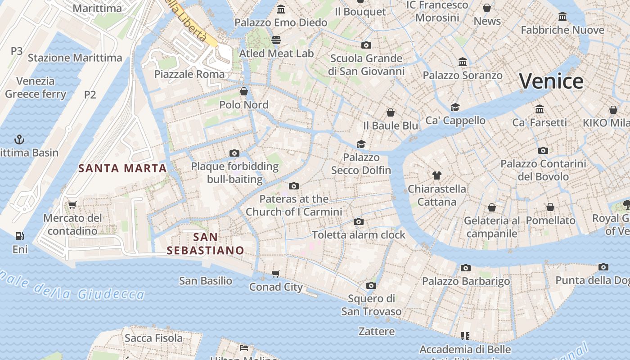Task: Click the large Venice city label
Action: (x=551, y=81)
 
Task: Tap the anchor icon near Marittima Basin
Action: (x=19, y=139)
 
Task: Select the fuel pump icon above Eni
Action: (x=19, y=236)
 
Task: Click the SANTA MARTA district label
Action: (x=122, y=168)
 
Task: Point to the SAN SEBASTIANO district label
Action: (x=205, y=243)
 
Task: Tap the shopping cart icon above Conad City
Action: (x=276, y=274)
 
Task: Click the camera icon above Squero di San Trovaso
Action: (x=371, y=285)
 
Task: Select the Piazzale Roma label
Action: (x=189, y=74)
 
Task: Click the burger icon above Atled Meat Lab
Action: (x=276, y=40)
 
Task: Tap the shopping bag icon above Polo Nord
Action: (x=244, y=91)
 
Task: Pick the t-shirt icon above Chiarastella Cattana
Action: (x=436, y=175)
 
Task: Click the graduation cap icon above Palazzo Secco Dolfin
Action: (x=361, y=144)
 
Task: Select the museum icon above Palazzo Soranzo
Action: (x=463, y=62)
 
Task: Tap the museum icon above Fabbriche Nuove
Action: (x=562, y=17)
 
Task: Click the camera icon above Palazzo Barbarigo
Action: (x=466, y=268)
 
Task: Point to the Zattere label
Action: (x=377, y=332)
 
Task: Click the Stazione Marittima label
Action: (x=75, y=58)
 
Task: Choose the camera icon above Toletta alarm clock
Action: (x=359, y=221)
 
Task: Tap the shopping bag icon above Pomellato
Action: (x=550, y=207)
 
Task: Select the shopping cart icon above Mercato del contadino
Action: (x=72, y=205)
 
